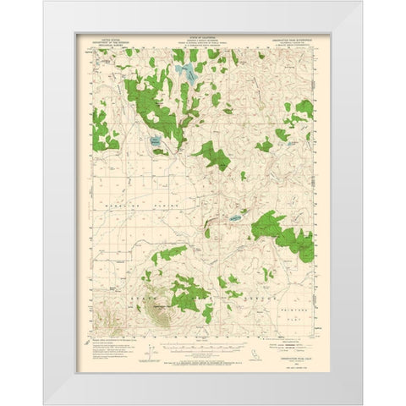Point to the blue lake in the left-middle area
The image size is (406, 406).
(x=156, y=142)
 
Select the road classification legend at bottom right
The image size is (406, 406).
(x=288, y=346)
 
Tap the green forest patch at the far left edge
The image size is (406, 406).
(x=104, y=129)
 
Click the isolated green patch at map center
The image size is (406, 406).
(x=209, y=155)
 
